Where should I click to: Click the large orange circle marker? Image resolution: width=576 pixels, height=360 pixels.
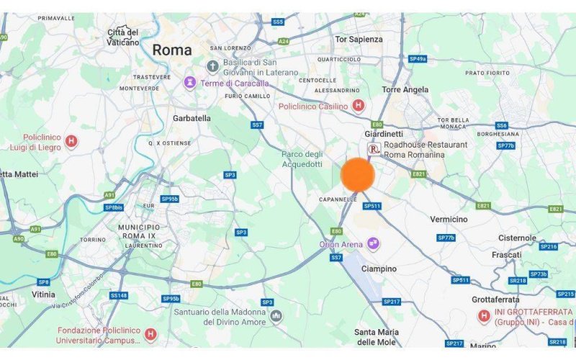pos(357,175)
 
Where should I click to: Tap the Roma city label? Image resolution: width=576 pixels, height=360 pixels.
pos(172,50)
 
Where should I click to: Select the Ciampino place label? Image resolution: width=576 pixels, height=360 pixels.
pos(378,269)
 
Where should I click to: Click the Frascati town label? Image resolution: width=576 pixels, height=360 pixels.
pos(506,255)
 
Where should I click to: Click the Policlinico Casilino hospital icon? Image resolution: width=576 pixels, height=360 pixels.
pos(358,106)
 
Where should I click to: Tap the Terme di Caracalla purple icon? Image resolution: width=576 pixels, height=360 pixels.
pos(190,83)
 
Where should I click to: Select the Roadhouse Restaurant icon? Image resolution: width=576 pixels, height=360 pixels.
pos(374,149)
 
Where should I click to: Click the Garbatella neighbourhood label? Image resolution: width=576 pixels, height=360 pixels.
pos(192,117)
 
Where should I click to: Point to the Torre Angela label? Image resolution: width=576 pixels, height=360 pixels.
pos(405,90)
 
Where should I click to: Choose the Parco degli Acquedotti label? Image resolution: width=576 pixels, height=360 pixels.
pos(302,158)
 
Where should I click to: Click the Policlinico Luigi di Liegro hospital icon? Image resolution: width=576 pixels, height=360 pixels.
pos(71,141)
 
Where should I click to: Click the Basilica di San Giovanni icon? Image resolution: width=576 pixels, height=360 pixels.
pos(212,67)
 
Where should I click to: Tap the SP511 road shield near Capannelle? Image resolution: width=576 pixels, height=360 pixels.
pos(372,206)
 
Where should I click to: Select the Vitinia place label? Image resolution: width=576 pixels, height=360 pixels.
pos(43,294)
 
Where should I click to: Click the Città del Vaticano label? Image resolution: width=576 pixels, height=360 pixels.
pos(123,37)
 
